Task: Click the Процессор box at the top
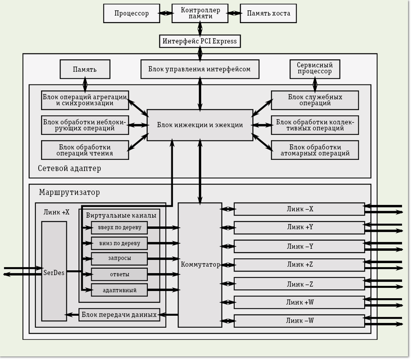tap(131, 14)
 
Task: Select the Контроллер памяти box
tap(200, 13)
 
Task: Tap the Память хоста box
tap(268, 14)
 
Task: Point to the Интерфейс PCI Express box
tap(200, 41)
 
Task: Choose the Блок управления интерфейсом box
tap(200, 69)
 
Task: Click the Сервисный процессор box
tap(315, 69)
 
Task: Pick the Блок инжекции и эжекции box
tap(200, 125)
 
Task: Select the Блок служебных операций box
tap(315, 100)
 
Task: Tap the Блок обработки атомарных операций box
tap(315, 150)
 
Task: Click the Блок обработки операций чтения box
tap(85, 150)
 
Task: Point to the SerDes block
tap(54, 271)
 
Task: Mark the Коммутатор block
tap(200, 265)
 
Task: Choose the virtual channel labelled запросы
tap(119, 259)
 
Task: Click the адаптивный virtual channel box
tap(119, 290)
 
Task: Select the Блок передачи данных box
tap(119, 315)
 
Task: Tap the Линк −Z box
tap(300, 284)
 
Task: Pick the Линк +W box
tap(300, 302)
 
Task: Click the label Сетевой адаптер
tap(69, 168)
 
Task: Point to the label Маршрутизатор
tap(69, 193)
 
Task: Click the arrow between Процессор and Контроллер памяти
tap(166, 13)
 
